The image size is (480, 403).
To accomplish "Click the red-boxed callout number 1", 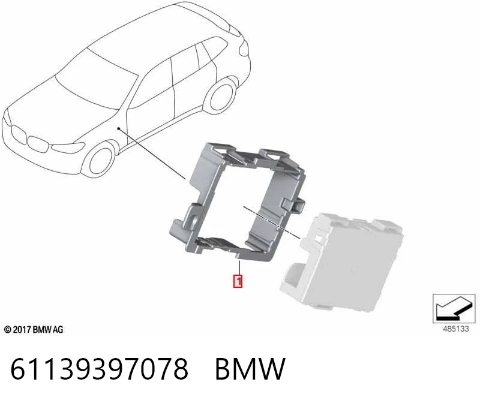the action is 238,281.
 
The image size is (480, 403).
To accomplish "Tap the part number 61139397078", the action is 99,369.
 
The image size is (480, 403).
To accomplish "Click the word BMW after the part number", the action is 250,369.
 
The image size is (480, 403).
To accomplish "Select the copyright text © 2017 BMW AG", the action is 34,330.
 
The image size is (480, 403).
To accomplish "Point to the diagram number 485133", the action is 455,329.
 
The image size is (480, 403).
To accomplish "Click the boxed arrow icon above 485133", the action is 454,308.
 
